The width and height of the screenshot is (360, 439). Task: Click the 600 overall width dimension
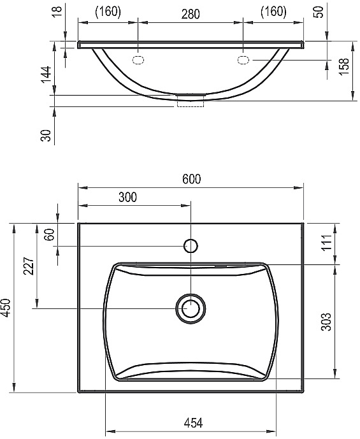point(191,180)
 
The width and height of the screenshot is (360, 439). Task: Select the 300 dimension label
point(127,198)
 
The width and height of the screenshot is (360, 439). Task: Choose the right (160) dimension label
point(272,12)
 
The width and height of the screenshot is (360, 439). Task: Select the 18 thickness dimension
point(57,13)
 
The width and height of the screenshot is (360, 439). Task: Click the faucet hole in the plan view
point(191,245)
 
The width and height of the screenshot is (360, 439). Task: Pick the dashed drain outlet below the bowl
point(190,102)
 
